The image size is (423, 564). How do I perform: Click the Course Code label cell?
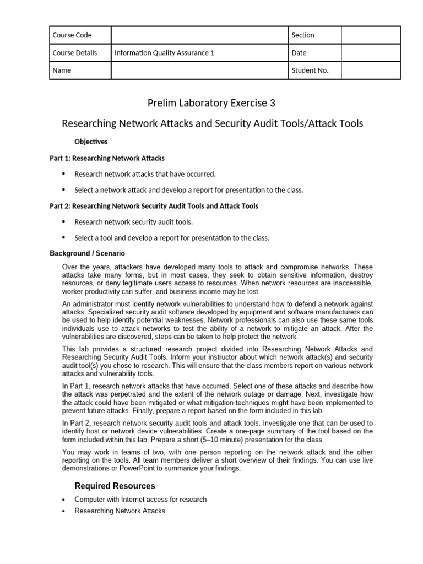[x=72, y=35]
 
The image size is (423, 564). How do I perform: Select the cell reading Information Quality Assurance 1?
[x=164, y=53]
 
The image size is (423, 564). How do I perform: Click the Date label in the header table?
[x=299, y=53]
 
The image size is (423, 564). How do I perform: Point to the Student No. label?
[x=310, y=70]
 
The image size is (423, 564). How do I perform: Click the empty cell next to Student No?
[x=371, y=70]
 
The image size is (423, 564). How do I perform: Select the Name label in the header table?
[x=61, y=70]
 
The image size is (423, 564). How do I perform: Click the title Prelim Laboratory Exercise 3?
[x=211, y=103]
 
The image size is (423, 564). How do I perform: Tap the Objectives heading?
[x=91, y=142]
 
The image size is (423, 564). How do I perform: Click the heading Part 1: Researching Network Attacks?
[x=107, y=158]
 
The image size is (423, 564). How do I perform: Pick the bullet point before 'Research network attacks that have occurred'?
[x=63, y=174]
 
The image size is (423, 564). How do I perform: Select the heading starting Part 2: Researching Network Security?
[x=154, y=206]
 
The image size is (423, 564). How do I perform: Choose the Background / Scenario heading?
[x=87, y=253]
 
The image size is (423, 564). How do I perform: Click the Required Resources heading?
[x=115, y=486]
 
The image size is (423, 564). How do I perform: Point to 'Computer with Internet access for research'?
[x=140, y=500]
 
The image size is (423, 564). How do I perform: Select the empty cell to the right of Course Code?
[x=199, y=35]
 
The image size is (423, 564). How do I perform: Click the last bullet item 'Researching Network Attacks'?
[x=120, y=511]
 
